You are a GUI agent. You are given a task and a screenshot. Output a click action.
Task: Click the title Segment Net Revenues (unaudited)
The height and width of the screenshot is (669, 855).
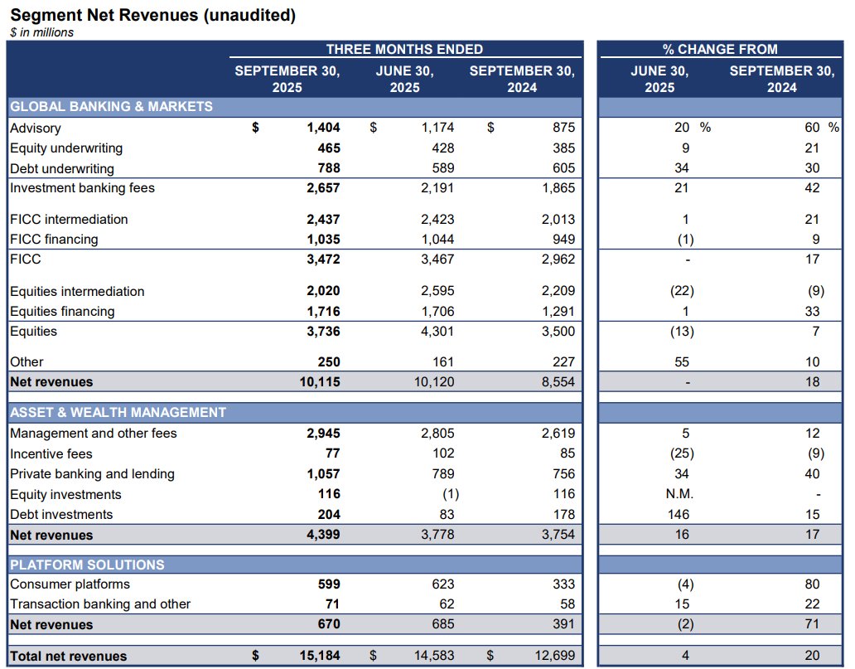(152, 15)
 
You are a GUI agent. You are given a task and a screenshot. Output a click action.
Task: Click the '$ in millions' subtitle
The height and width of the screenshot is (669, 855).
(41, 32)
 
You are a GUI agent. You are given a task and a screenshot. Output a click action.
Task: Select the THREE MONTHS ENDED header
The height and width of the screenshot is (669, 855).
(404, 49)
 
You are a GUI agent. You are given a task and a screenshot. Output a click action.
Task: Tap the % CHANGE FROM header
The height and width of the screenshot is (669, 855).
(720, 49)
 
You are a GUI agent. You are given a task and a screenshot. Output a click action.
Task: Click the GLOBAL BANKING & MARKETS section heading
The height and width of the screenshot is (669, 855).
(111, 106)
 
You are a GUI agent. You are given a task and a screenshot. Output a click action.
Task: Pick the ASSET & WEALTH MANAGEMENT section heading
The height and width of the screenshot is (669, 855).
(118, 412)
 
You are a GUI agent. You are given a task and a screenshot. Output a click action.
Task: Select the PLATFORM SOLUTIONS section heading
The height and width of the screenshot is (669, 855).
(87, 565)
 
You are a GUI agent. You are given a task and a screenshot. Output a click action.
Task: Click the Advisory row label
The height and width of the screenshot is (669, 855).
(35, 128)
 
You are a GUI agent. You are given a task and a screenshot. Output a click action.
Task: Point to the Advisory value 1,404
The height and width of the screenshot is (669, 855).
(323, 128)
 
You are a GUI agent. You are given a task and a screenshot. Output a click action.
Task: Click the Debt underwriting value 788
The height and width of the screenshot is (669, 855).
(329, 168)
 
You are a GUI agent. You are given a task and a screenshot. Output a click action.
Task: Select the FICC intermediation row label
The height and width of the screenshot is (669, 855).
(69, 220)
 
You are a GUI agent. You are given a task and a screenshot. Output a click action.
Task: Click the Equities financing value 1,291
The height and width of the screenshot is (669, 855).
(557, 312)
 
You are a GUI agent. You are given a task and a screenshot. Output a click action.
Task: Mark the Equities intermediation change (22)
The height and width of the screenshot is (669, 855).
(681, 292)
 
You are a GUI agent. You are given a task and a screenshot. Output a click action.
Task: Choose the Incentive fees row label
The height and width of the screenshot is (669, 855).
(51, 454)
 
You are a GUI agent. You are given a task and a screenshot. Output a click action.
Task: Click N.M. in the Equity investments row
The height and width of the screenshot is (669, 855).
(680, 495)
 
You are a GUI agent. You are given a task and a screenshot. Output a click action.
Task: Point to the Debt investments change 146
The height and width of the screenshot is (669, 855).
(680, 515)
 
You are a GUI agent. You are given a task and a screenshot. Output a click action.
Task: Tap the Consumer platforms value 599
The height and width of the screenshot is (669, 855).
(329, 584)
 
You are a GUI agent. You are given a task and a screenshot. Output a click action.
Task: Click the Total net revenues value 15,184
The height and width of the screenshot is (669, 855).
(319, 656)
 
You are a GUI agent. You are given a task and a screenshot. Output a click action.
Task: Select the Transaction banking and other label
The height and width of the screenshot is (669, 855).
(100, 604)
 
